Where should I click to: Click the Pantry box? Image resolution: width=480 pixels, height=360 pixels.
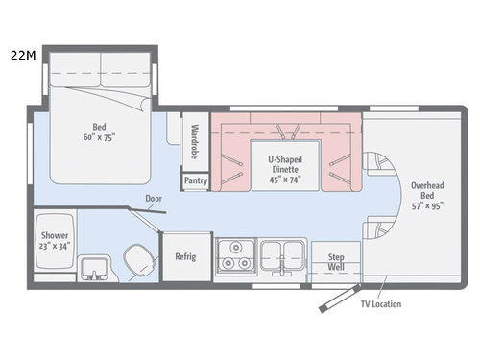coord(195,180)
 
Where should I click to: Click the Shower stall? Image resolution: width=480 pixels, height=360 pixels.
coord(54,240)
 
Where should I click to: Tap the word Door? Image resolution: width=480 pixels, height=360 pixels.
coord(155,200)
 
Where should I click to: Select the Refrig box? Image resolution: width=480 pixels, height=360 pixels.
coord(185,256)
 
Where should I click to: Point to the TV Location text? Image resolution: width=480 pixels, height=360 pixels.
coord(381,304)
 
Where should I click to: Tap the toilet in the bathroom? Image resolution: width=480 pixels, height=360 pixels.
coord(138,257)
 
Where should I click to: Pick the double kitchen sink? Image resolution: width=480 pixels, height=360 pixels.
coord(282,254)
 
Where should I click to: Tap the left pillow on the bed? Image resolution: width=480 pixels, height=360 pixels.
coord(75,65)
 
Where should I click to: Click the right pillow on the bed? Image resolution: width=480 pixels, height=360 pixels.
coord(126,65)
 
